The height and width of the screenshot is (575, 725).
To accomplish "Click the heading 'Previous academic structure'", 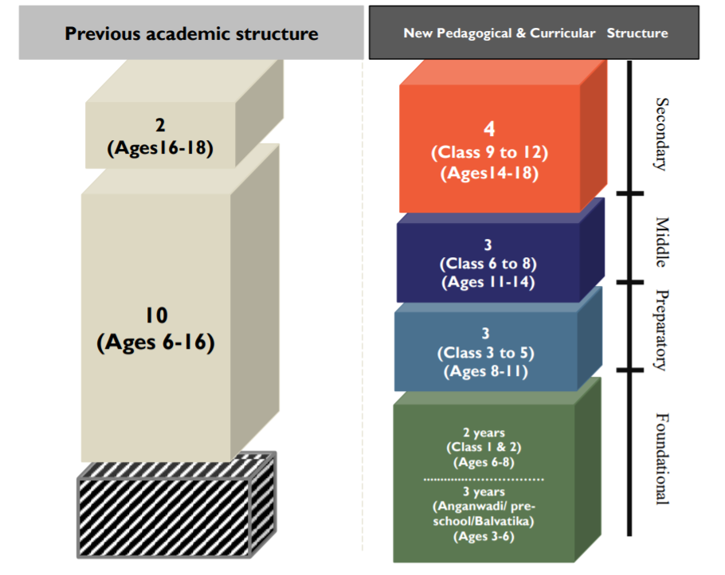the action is pyautogui.click(x=191, y=33).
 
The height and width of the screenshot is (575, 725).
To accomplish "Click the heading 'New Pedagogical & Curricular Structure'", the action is pyautogui.click(x=535, y=33).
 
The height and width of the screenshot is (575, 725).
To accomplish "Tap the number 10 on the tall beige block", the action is pyautogui.click(x=156, y=315).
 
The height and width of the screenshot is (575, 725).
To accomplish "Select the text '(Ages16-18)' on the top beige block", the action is pyautogui.click(x=160, y=148).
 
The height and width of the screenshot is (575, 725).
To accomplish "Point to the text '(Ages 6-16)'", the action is pyautogui.click(x=156, y=342).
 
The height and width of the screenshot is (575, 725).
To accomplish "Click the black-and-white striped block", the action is pyautogui.click(x=177, y=505).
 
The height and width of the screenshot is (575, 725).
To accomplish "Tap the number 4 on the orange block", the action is pyautogui.click(x=489, y=128).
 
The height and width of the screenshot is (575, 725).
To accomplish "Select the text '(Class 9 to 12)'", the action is pyautogui.click(x=489, y=152).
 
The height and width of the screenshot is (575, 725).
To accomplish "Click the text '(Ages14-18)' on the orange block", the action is pyautogui.click(x=489, y=174).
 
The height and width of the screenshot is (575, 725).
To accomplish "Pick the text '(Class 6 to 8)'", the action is pyautogui.click(x=488, y=264).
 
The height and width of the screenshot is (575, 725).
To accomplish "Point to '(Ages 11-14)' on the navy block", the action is pyautogui.click(x=488, y=282).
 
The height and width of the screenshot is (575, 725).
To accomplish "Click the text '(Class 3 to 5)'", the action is pyautogui.click(x=485, y=353).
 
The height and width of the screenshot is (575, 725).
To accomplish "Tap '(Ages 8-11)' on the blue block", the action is pyautogui.click(x=485, y=371).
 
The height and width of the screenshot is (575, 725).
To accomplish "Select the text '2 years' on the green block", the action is pyautogui.click(x=484, y=432).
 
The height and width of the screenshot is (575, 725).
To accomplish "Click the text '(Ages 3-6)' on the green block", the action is pyautogui.click(x=484, y=536).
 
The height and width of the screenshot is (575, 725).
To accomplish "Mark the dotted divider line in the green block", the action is pyautogui.click(x=484, y=479).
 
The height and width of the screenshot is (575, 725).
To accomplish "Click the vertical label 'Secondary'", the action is pyautogui.click(x=662, y=134).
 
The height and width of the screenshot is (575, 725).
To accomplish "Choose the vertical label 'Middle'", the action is pyautogui.click(x=662, y=242).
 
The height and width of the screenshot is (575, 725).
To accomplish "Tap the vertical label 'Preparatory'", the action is pyautogui.click(x=662, y=330).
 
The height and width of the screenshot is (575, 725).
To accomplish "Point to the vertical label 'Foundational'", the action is pyautogui.click(x=662, y=459).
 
